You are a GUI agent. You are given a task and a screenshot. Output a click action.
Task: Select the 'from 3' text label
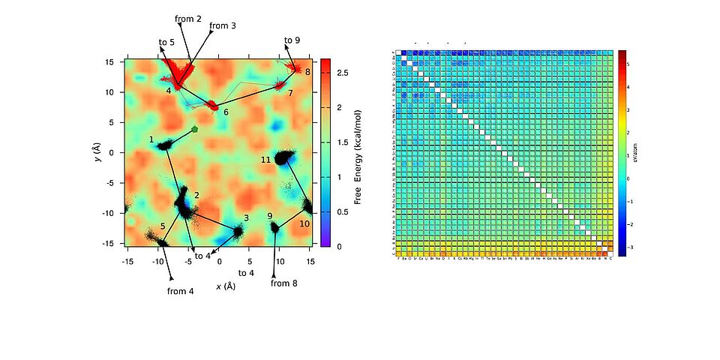coord(223,25)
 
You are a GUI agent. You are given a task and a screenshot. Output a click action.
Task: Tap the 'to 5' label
coord(166,42)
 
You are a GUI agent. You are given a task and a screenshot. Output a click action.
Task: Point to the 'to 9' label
coord(292,40)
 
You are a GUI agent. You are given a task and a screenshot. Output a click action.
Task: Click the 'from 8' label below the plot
coord(284,283)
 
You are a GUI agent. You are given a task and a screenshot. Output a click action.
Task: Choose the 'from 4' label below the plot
coord(181,291)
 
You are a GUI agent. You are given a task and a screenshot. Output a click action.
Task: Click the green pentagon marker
coord(195,129)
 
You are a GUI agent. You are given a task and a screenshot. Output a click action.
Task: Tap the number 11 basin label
coord(265,160)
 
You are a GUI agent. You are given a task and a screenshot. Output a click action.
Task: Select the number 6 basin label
coord(226,112)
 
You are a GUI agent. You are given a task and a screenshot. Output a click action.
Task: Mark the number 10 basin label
coord(304,223)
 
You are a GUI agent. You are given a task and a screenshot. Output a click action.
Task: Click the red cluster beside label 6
coord(212,104)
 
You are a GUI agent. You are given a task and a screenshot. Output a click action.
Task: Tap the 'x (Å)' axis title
coord(226,286)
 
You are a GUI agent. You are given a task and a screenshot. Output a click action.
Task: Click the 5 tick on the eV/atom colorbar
coord(628,64)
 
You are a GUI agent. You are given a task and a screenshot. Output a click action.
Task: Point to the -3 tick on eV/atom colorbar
coord(628,246)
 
